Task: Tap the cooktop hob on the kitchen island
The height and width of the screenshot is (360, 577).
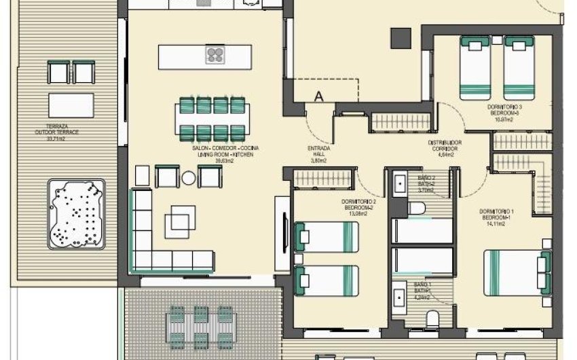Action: (215, 55)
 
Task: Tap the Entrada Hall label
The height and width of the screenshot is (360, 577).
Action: (319, 154)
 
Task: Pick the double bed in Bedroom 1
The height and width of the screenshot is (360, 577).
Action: (517, 270)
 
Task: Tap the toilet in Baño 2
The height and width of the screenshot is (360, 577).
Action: (417, 207)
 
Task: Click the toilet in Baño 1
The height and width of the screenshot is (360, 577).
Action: (430, 317)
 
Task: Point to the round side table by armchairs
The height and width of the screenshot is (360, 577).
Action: (189, 178)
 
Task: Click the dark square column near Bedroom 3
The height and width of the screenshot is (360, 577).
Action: (401, 37)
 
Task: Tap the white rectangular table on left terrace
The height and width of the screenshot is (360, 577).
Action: (71, 105)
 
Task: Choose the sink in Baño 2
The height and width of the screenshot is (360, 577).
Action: (398, 184)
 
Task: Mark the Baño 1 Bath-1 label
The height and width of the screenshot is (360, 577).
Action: (423, 290)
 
